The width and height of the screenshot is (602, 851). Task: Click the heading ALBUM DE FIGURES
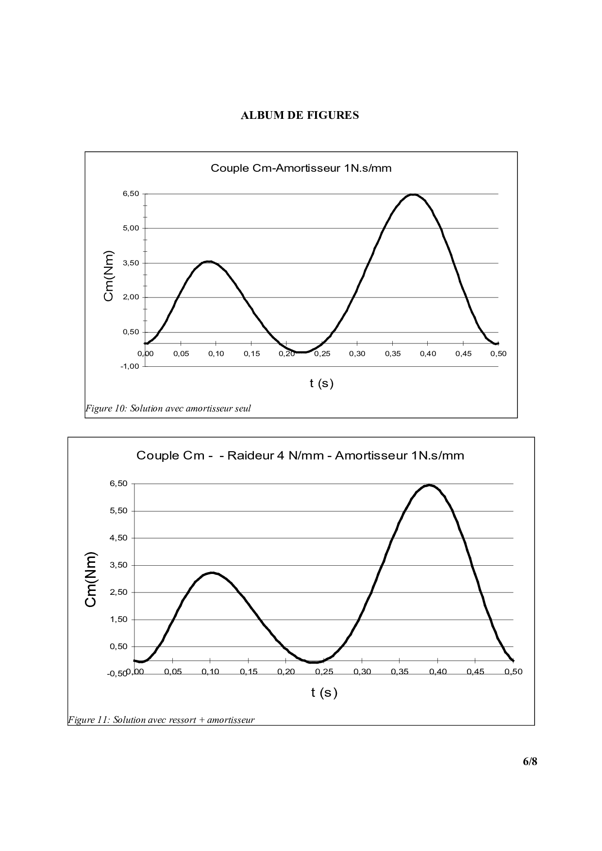coord(300,115)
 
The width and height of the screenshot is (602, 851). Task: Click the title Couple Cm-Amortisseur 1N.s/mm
coord(301,168)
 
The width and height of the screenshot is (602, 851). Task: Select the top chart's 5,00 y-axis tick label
coord(131,228)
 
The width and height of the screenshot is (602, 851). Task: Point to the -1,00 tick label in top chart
coord(130,366)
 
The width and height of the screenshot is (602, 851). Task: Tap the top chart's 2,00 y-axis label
coord(131,297)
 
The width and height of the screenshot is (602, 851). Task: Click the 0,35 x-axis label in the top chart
coord(392,354)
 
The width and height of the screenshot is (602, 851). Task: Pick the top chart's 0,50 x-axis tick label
coord(498,354)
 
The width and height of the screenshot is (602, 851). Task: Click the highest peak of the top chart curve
coord(413,195)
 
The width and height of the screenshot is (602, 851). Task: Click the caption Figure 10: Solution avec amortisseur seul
coord(168,409)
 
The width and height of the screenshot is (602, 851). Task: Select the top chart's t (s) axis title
coord(321,383)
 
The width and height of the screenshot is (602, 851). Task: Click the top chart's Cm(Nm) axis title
coord(109,276)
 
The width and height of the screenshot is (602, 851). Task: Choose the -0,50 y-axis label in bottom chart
coord(117,673)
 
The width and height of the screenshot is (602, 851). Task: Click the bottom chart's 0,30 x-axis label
coord(362,672)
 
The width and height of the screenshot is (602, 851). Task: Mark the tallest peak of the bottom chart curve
coord(430,485)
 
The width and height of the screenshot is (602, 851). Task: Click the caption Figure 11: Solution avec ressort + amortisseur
coord(161,720)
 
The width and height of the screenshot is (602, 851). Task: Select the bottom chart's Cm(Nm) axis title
coord(91,579)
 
